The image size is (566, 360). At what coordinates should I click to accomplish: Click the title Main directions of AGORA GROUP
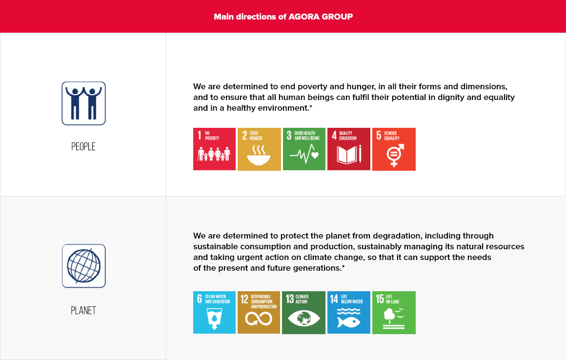[283, 17]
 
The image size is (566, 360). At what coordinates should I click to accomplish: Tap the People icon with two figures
[84, 103]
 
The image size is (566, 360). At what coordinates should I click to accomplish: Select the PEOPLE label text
[83, 146]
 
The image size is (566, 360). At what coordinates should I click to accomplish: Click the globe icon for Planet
[84, 266]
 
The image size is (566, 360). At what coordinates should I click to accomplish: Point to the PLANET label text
[83, 310]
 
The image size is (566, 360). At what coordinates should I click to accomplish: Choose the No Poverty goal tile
[214, 149]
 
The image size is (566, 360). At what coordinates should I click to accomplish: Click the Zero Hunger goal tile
[259, 149]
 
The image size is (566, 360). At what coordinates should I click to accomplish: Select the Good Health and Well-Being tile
[304, 149]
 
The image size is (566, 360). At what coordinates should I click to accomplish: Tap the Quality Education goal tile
[349, 149]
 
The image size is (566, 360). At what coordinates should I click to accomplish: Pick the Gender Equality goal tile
[394, 149]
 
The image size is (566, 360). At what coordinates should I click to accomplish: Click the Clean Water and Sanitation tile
[214, 312]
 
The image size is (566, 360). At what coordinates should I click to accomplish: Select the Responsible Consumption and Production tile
[259, 312]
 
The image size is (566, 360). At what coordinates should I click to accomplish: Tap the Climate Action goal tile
[303, 312]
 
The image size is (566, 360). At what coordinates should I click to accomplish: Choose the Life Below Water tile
[349, 312]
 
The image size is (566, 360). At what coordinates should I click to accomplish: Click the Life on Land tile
[394, 312]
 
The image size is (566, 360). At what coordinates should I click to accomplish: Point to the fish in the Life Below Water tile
[348, 322]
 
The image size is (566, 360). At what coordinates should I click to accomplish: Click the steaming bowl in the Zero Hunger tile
[259, 155]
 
